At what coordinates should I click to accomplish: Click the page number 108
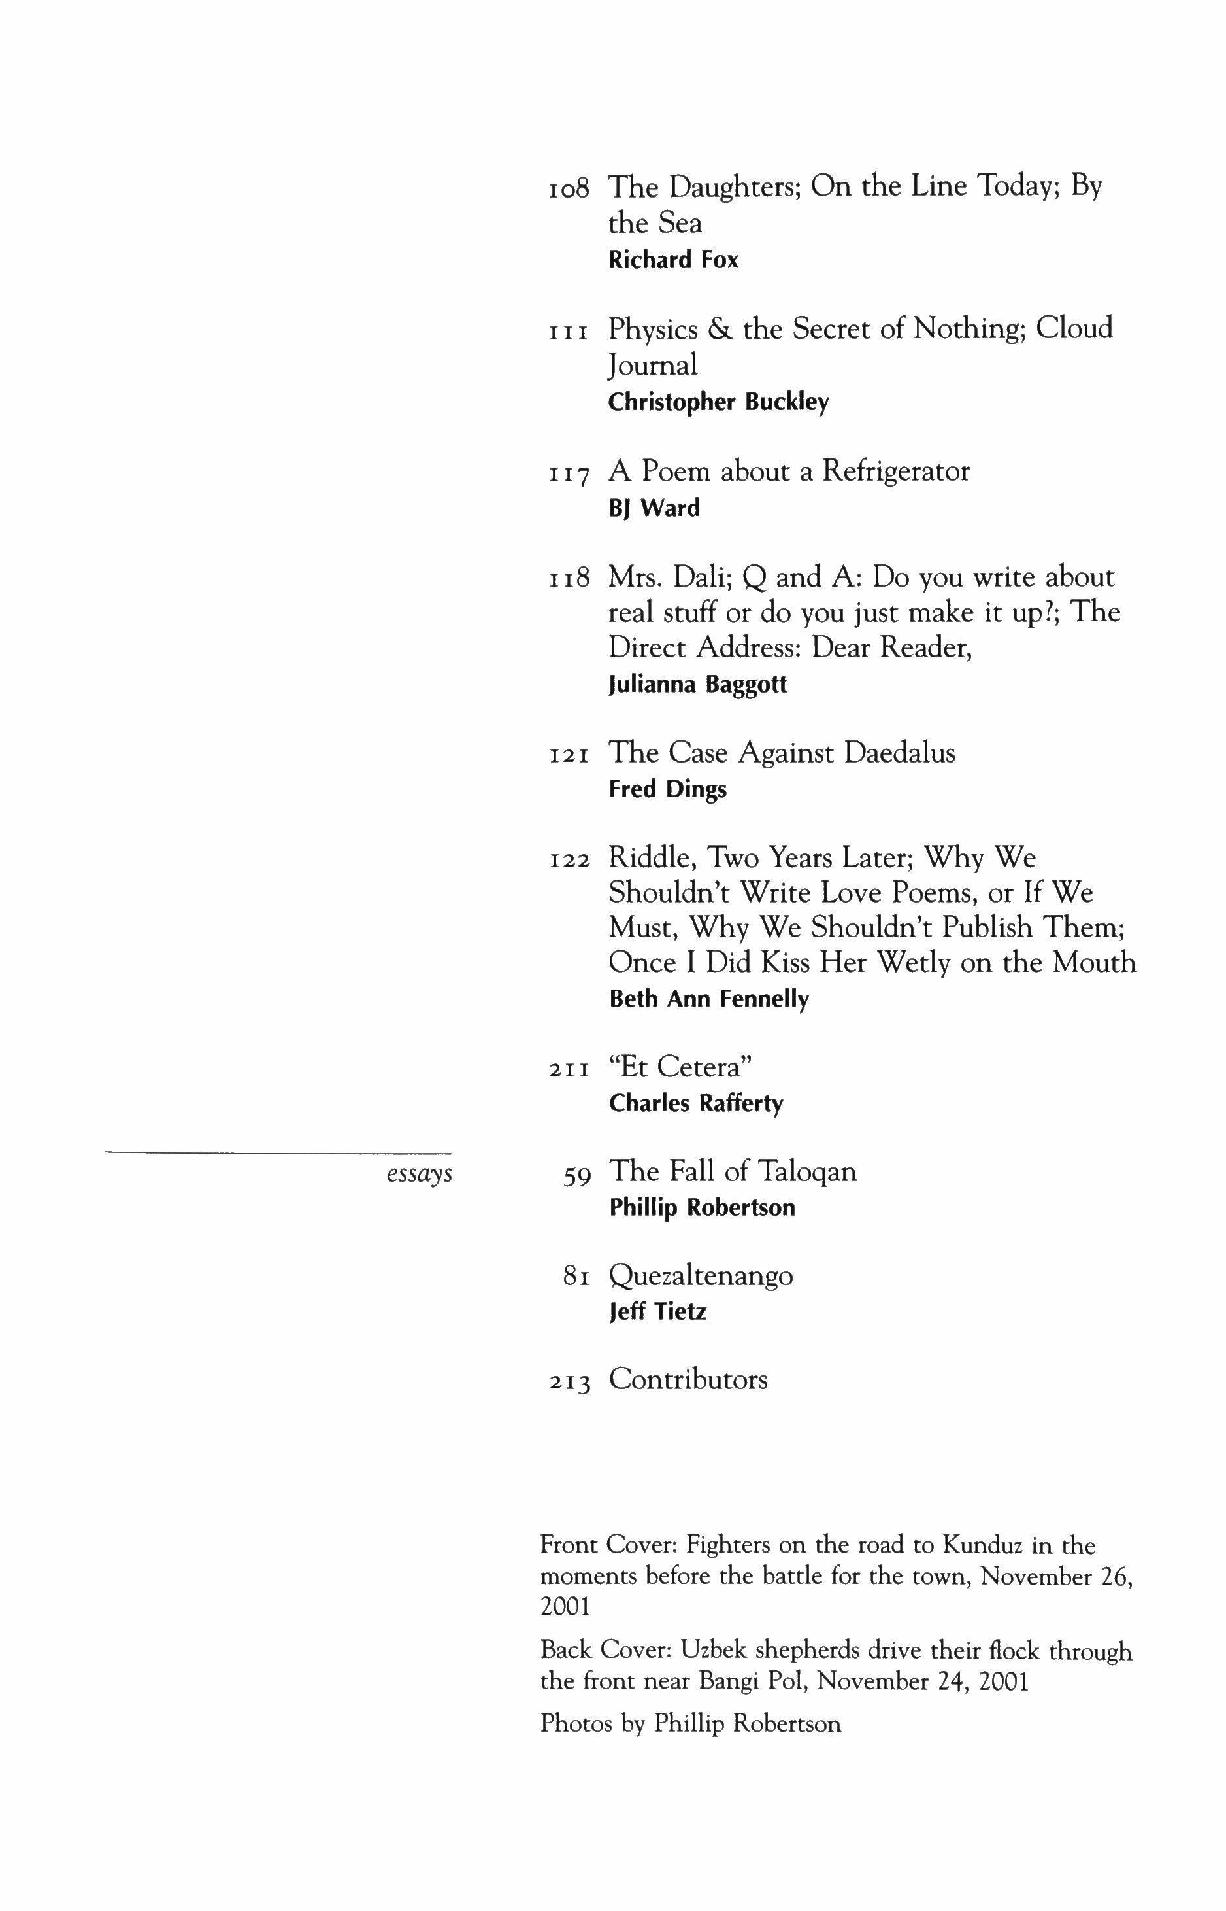coord(569,189)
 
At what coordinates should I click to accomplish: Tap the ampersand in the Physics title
coord(720,329)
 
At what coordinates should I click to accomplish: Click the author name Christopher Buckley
coord(718,403)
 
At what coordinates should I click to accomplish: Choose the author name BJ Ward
coord(654,508)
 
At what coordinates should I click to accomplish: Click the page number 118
coord(569,578)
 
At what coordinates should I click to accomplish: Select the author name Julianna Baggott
coord(697,685)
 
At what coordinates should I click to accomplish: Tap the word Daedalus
coord(900,753)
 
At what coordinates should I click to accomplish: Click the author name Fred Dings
coord(667,790)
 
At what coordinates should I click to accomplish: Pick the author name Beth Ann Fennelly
coord(708,1000)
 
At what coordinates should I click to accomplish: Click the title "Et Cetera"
coord(681,1067)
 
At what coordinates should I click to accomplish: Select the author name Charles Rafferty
coord(696,1104)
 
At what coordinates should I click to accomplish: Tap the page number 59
coord(576,1176)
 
